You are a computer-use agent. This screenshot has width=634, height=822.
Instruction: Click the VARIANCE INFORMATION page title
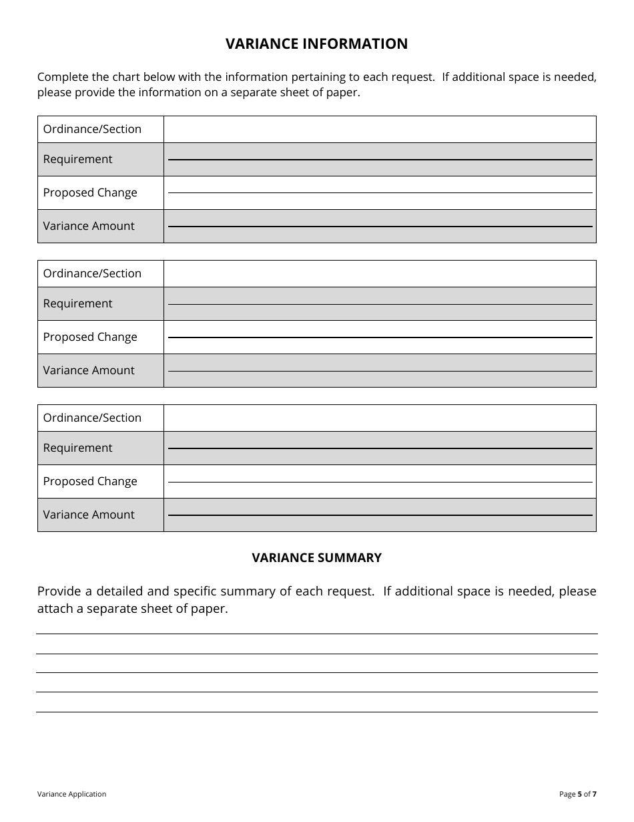pos(316,44)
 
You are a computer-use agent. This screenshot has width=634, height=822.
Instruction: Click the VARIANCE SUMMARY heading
pos(316,558)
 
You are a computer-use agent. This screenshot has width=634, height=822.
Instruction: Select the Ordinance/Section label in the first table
pos(92,129)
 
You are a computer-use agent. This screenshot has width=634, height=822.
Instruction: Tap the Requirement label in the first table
pos(77,159)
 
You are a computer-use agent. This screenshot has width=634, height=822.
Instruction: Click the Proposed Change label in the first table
pos(90,192)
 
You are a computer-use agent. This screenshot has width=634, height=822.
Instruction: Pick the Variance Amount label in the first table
pos(89,226)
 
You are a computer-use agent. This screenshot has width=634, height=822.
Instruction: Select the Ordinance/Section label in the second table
pos(92,273)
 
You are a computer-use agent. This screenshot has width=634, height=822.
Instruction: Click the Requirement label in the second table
pos(77,303)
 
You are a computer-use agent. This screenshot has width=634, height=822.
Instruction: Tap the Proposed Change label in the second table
pos(90,337)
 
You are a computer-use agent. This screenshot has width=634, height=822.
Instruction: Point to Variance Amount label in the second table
pos(89,370)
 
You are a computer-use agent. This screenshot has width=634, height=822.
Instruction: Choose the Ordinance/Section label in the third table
pos(92,418)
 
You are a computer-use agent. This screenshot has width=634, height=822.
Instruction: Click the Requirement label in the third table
pos(77,448)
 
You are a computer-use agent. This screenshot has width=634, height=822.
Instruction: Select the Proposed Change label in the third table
pos(90,481)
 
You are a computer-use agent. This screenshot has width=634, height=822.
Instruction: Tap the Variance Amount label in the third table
pos(89,515)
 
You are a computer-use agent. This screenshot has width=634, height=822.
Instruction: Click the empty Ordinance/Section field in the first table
pos(379,129)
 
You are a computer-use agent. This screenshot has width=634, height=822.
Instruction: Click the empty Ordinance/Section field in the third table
pos(379,418)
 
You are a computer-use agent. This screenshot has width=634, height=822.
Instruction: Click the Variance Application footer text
pos(71,794)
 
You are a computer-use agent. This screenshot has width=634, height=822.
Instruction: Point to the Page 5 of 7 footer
pos(577,794)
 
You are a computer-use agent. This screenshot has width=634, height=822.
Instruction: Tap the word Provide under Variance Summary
pos(59,591)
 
